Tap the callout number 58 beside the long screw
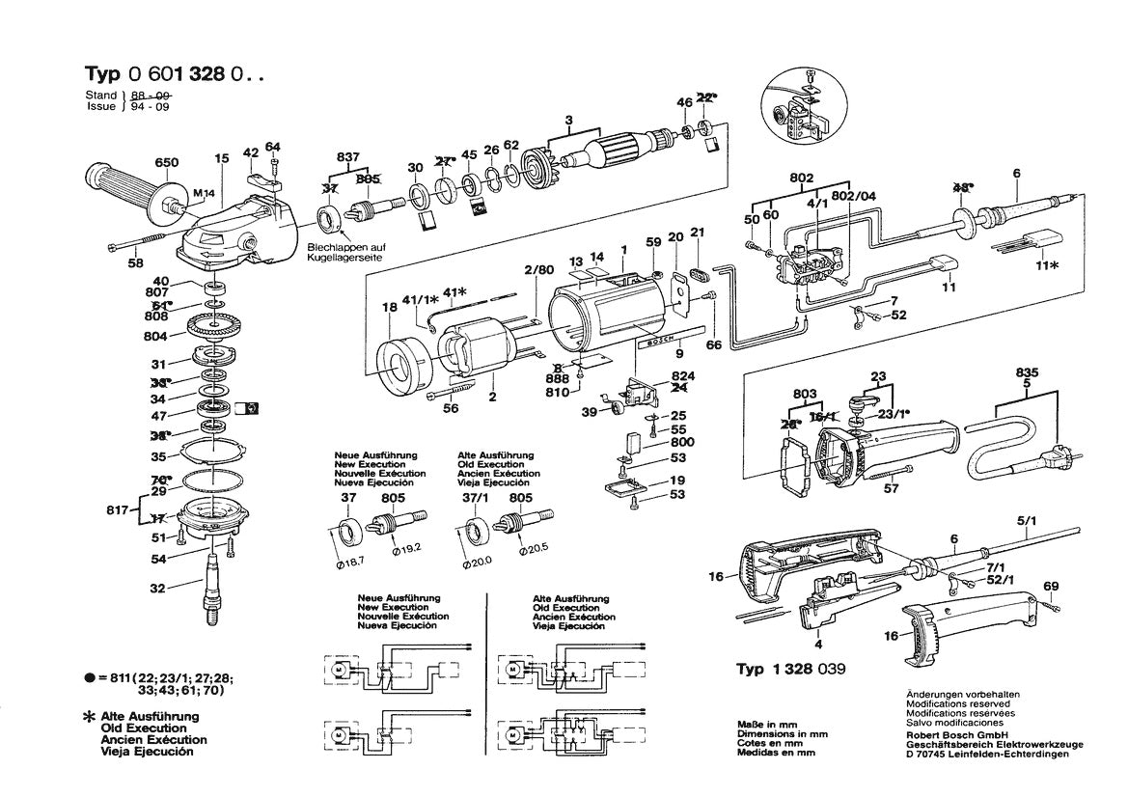[136, 262]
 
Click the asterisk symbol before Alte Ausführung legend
[91, 718]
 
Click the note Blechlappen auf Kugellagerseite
[345, 253]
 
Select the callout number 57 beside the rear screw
[891, 489]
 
